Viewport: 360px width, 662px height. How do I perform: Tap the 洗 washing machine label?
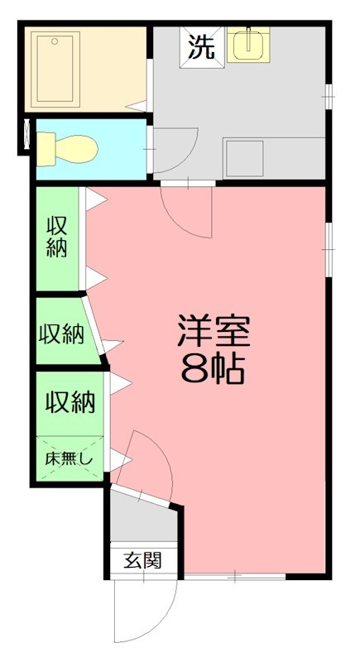(202, 47)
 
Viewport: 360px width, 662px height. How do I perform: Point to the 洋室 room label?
(213, 333)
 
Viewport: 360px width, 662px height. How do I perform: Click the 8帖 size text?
(213, 370)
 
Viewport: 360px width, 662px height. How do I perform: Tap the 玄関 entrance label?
(143, 560)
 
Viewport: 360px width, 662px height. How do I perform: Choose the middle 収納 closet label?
(61, 333)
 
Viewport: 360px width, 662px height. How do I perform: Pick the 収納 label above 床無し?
(70, 402)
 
